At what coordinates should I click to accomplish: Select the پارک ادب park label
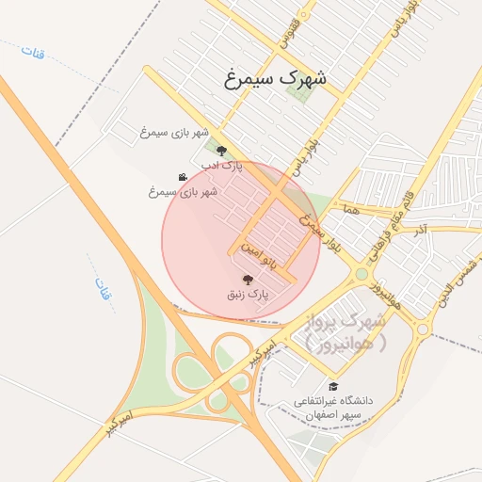coord(222,166)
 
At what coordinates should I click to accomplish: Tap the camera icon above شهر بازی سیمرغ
coord(182,177)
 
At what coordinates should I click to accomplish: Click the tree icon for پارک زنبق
coord(248,279)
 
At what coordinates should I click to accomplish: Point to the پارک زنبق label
coord(248,295)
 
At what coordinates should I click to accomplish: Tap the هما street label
coord(352,212)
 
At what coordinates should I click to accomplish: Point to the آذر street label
coord(421,229)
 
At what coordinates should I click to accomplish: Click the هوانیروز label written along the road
coord(387,294)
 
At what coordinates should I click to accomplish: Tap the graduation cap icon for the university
coord(333,386)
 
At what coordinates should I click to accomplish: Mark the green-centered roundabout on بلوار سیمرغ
coord(361,274)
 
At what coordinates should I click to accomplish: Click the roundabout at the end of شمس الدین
coord(423,329)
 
